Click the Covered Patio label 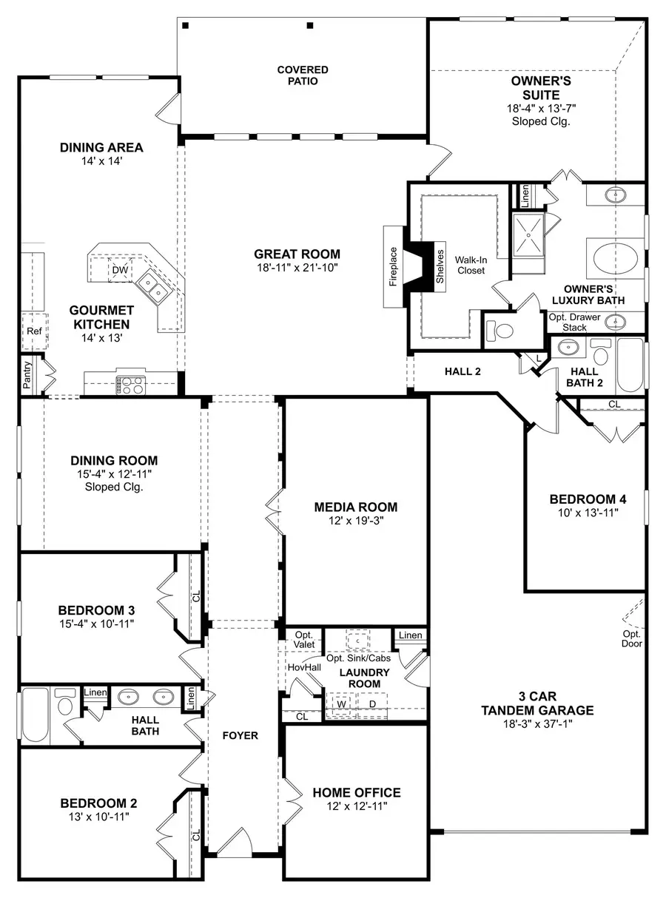(303, 75)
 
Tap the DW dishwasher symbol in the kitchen (120, 271)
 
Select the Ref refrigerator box (34, 331)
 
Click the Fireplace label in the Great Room (394, 267)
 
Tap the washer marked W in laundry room (341, 703)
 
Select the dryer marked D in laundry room (372, 703)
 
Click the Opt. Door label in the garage (632, 638)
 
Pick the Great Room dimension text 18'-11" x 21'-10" (297, 269)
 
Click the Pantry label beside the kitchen (27, 375)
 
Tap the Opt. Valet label (304, 640)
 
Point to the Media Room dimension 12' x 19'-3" (355, 521)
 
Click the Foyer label (240, 735)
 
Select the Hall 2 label (463, 371)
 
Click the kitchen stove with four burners (132, 384)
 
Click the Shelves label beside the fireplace (439, 266)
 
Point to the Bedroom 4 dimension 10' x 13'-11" (582, 512)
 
